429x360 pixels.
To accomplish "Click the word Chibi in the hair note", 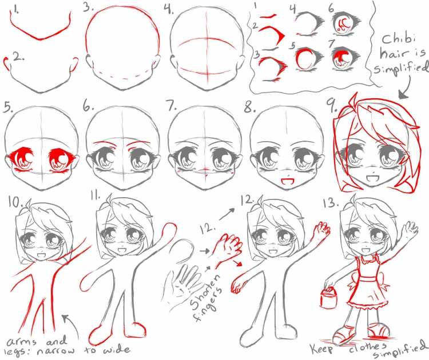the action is coord(399,39).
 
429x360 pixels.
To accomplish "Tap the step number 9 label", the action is coord(332,106).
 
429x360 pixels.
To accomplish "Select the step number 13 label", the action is coord(331,202).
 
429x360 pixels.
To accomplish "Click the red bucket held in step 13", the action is coord(328,297).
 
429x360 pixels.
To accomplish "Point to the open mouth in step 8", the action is coord(286,181).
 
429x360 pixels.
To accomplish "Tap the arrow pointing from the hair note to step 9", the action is coord(406,86).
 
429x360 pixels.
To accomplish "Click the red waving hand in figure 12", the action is coord(322,229).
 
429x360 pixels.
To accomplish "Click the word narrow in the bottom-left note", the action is coord(55,351).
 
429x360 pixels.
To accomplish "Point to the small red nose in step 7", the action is coord(205,170).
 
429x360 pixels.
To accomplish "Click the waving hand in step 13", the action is coord(410,227).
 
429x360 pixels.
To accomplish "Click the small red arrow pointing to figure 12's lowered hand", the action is coord(237,263).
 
